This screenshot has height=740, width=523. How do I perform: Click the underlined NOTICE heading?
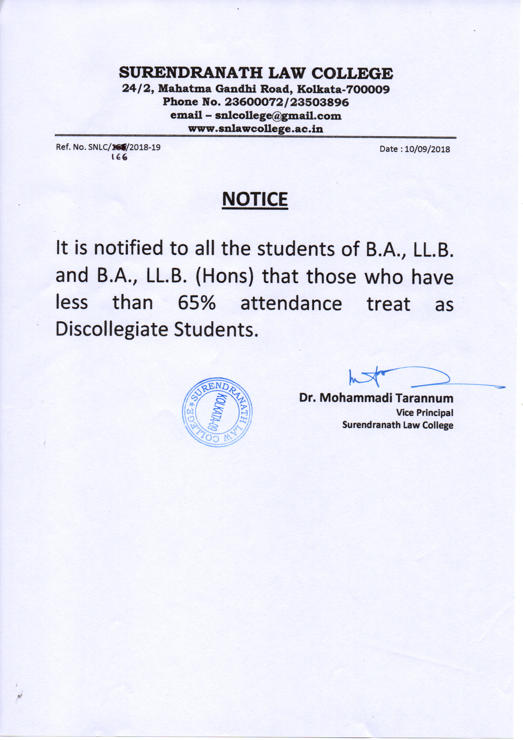click(x=255, y=199)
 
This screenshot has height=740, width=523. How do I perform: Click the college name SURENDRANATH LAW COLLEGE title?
click(x=256, y=73)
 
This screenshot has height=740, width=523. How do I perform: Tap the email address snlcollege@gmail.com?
click(x=278, y=115)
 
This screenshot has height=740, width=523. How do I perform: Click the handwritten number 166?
click(x=119, y=157)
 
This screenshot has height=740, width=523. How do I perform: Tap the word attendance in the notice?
click(x=291, y=304)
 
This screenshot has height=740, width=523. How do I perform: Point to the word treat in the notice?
click(x=389, y=304)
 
